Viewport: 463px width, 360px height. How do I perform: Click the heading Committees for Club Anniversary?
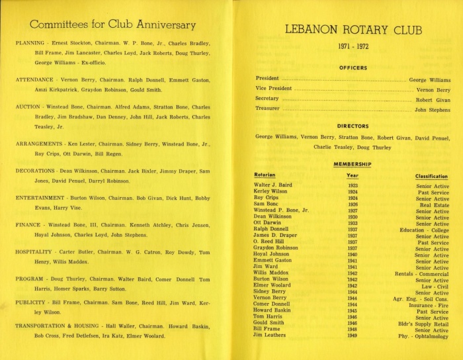[113, 25]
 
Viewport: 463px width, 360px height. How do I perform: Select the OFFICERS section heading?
[353, 67]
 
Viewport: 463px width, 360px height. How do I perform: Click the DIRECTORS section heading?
[353, 125]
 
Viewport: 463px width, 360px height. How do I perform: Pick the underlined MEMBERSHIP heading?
[353, 163]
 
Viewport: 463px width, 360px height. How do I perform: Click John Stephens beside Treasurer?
[433, 109]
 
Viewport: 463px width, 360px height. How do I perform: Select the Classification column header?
[432, 176]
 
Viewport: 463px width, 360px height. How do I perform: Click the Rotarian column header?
[266, 175]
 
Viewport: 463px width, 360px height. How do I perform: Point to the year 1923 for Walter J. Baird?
[353, 185]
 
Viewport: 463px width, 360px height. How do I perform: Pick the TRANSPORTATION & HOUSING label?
[55, 326]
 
